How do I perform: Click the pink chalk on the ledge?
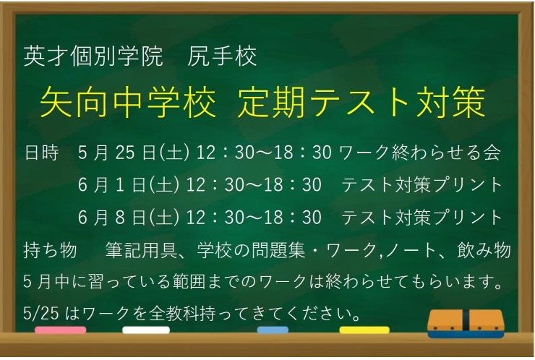[x=60, y=330]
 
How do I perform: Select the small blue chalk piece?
[x=273, y=330]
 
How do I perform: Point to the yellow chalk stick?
[x=364, y=330]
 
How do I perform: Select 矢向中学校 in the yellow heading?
[x=127, y=103]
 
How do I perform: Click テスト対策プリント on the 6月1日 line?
[x=421, y=185]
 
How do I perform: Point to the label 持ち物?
[x=50, y=251]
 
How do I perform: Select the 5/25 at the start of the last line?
[x=38, y=314]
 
